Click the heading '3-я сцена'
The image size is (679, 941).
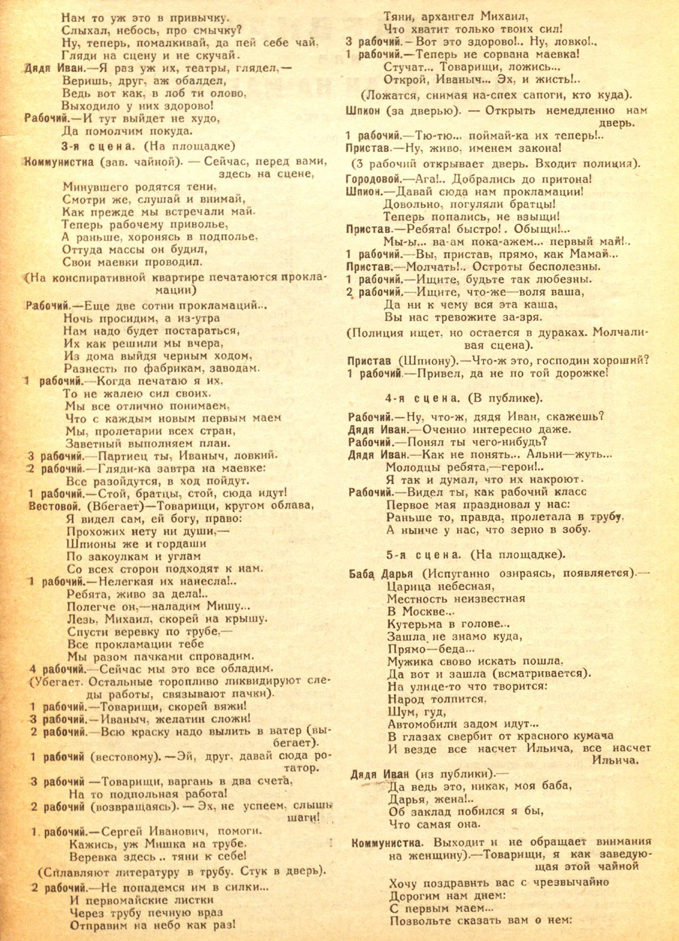99,146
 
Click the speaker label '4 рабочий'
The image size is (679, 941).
58,668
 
